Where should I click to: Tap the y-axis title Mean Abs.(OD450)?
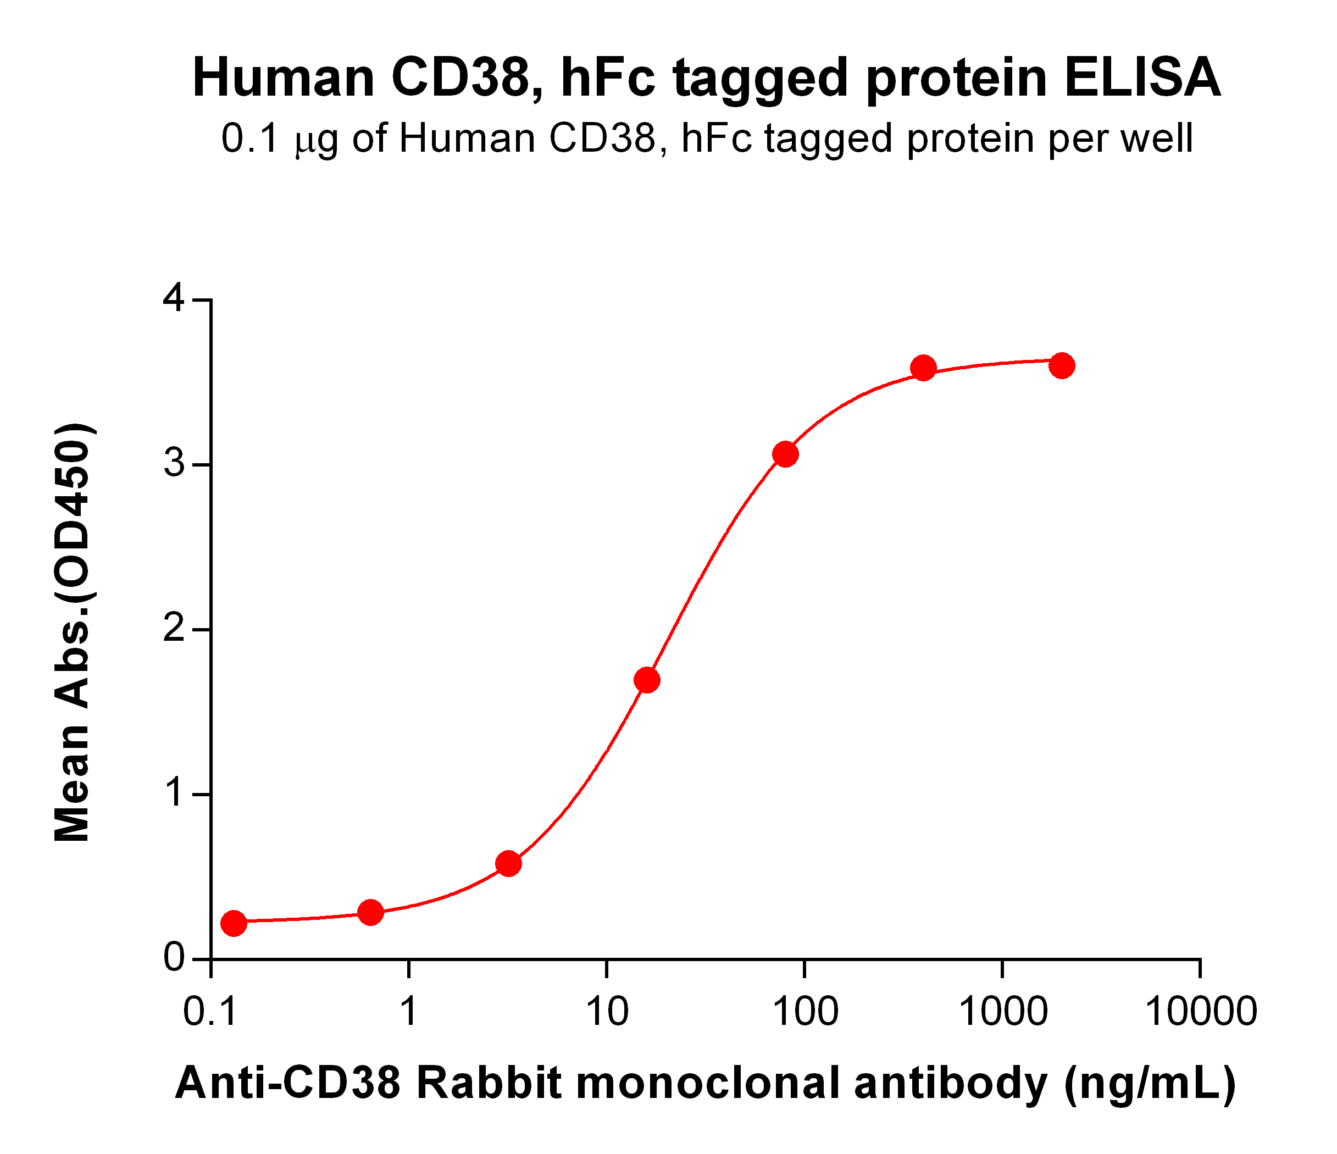click(x=73, y=633)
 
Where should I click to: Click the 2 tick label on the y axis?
click(x=174, y=629)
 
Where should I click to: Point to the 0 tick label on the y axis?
click(x=174, y=959)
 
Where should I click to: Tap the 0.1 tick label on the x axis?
click(x=210, y=1011)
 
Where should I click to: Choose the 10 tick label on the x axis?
click(x=607, y=1011)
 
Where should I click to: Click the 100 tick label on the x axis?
click(x=805, y=1011)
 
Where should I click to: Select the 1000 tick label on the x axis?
click(x=1003, y=1011)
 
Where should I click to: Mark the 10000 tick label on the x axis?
click(x=1200, y=1011)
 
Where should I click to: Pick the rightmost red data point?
click(x=1062, y=366)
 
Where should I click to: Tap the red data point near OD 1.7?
click(x=647, y=680)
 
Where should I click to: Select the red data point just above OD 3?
click(x=785, y=454)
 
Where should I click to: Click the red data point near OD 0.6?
click(x=508, y=863)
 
